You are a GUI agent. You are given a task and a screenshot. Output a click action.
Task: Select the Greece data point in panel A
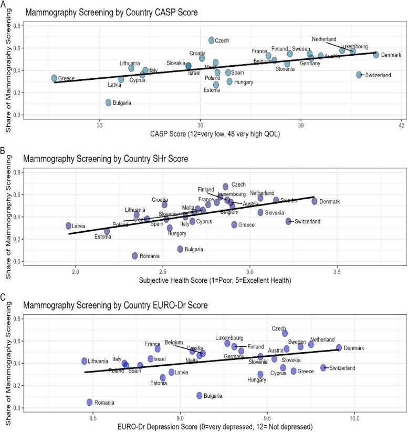tap(54, 78)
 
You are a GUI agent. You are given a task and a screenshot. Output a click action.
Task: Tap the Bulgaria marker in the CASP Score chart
tap(109, 102)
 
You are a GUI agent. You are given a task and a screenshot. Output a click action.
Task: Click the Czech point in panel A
tap(211, 40)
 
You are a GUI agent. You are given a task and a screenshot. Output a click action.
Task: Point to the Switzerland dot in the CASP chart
tap(359, 75)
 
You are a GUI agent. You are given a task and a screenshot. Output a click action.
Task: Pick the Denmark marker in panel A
tap(376, 55)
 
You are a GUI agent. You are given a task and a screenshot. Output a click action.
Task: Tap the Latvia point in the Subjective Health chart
tap(69, 225)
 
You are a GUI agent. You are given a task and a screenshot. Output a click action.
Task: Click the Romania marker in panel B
tap(135, 256)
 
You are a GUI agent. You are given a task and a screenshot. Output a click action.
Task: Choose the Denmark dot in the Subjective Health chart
tap(315, 201)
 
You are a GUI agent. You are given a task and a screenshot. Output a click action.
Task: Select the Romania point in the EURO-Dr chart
tap(90, 402)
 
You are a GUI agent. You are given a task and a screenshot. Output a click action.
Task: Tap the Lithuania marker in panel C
tap(85, 361)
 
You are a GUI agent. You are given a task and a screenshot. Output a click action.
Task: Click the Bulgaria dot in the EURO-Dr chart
tap(200, 395)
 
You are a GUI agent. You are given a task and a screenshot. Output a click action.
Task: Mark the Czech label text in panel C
tap(279, 328)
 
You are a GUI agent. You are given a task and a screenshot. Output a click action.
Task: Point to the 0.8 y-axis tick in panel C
tap(18, 318)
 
